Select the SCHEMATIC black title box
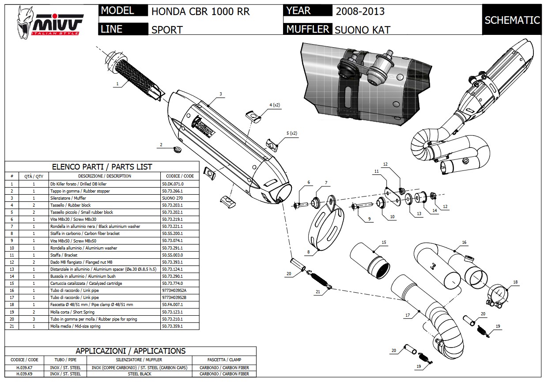click(512, 20)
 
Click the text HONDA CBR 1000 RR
click(200, 11)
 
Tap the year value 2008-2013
click(360, 11)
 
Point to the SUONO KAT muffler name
click(362, 30)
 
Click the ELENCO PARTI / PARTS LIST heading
click(102, 167)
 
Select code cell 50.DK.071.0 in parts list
click(172, 184)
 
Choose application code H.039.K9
click(21, 374)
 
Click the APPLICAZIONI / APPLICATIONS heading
click(130, 351)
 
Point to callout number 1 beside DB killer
click(117, 83)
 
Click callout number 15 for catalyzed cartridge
click(384, 242)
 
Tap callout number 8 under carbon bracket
click(308, 252)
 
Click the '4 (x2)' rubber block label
click(275, 105)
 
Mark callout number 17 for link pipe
click(407, 315)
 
